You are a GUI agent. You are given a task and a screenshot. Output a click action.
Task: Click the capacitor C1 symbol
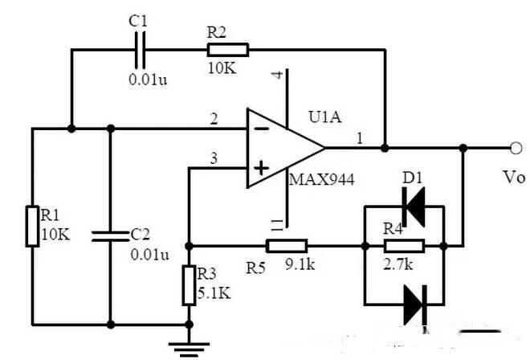(140, 50)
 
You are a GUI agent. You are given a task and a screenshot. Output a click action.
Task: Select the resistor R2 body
(228, 50)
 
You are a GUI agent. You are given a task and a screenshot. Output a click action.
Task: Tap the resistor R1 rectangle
(32, 226)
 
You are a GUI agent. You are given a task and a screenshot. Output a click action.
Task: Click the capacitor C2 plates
(111, 236)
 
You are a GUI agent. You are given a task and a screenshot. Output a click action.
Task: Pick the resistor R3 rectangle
(189, 285)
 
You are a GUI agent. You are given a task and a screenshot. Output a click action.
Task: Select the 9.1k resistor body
(287, 246)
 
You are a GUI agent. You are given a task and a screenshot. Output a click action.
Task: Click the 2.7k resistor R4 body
(404, 246)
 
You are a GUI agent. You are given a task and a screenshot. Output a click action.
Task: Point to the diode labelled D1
(414, 207)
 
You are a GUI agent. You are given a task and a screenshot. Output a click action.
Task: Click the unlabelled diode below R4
(415, 305)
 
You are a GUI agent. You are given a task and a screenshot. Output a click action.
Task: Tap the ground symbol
(189, 349)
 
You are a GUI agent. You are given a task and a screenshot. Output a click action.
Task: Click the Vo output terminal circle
(516, 148)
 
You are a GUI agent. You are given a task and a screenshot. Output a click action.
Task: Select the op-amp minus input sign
(261, 129)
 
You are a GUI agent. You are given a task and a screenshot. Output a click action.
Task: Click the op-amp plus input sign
(261, 168)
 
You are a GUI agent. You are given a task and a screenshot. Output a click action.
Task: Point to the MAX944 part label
(322, 179)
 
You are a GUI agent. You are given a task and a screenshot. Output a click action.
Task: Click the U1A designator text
(325, 117)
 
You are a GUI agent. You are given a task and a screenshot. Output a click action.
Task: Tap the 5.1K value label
(214, 293)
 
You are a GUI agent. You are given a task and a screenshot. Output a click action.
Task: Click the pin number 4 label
(278, 75)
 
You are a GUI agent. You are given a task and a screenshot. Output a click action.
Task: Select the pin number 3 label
(214, 158)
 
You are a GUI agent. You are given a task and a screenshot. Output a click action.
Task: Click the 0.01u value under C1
(148, 80)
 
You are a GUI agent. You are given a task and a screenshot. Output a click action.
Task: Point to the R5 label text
(255, 268)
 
